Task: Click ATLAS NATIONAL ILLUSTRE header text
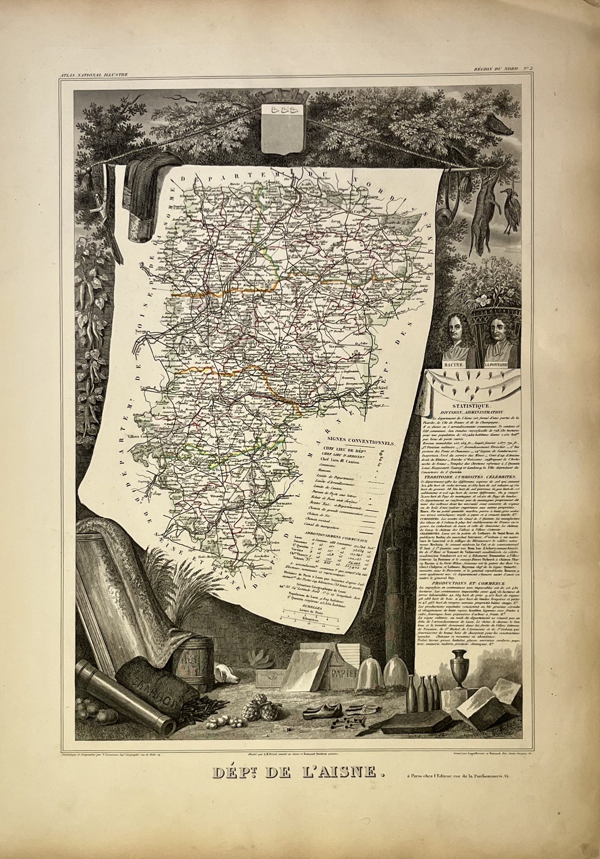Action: point(93,75)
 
